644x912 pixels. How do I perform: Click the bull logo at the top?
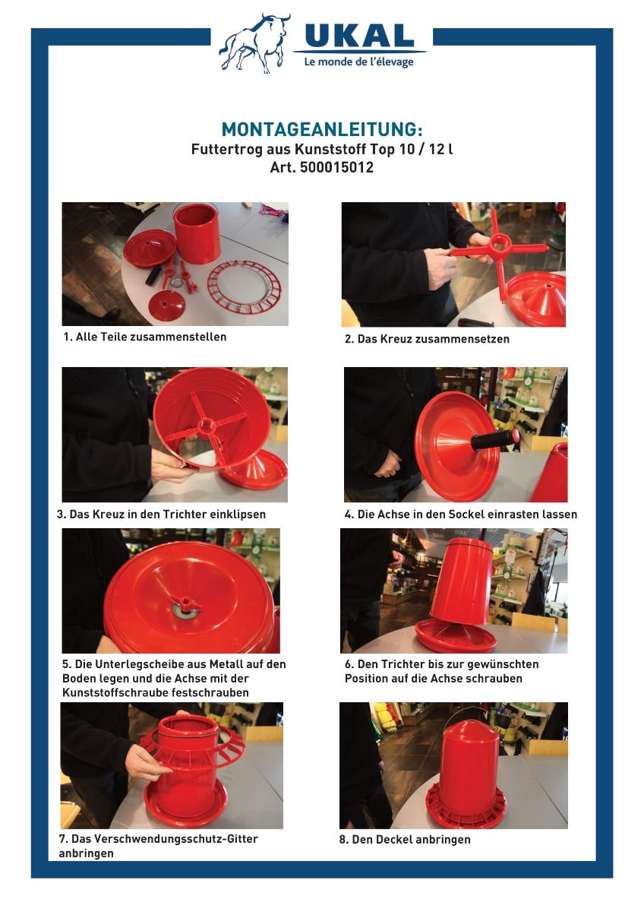click(255, 43)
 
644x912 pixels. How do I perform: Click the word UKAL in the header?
click(359, 36)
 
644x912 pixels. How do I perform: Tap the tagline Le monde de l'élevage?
click(358, 62)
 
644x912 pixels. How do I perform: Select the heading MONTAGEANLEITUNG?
click(322, 129)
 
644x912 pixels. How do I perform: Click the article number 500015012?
click(336, 167)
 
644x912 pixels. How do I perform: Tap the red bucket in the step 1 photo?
click(197, 233)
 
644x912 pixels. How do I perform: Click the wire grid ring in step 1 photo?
click(245, 287)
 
